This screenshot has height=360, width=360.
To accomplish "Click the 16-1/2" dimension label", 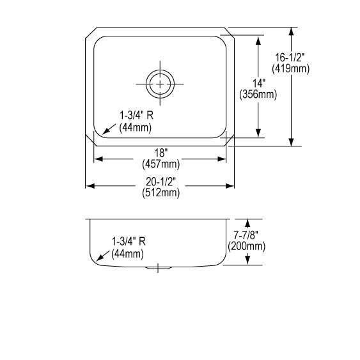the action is click(290, 58).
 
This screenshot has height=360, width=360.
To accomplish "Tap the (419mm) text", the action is click(291, 68).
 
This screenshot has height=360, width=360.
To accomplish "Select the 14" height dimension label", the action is click(259, 83).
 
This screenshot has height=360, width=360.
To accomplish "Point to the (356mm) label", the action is click(258, 95).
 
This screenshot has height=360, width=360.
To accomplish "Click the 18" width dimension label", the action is click(161, 153).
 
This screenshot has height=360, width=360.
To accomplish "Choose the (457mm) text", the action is click(160, 164).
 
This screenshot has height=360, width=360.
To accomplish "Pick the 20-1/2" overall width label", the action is click(160, 182).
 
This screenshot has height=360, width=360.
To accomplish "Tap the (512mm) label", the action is click(160, 193).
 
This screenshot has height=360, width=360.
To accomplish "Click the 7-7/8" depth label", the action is click(246, 235).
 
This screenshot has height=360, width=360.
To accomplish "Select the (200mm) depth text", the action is click(247, 246).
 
